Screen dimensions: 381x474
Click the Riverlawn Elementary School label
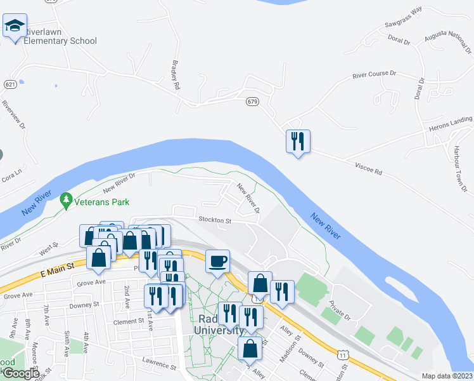tap(60, 36)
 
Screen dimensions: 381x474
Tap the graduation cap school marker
tap(15, 26)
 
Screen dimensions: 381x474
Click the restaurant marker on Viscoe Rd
tap(298, 140)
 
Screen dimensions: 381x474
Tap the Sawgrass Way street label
tap(404, 20)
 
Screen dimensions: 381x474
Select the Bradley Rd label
tap(176, 75)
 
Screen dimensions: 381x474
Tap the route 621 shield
tap(10, 84)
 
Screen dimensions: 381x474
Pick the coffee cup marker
tap(217, 261)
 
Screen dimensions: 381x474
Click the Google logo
tap(20, 373)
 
